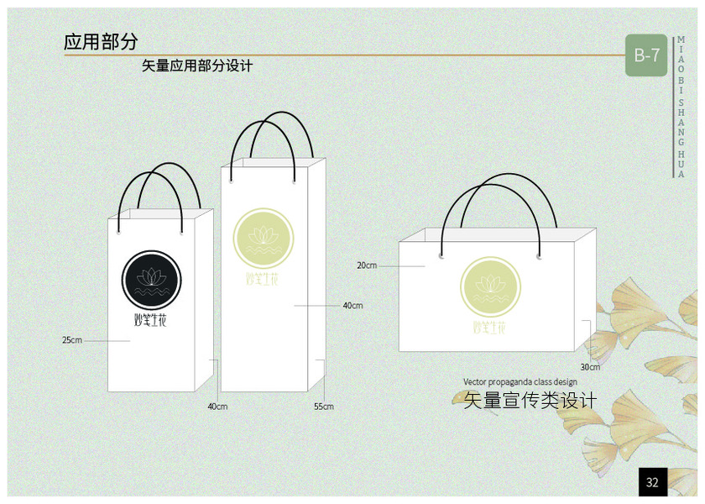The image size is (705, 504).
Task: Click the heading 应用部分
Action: [x=101, y=42]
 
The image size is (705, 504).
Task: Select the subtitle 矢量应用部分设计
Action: [x=197, y=66]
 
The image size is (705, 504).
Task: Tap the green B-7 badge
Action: [x=646, y=56]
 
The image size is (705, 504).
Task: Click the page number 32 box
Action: [x=652, y=482]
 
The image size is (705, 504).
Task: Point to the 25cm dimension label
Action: [x=72, y=340]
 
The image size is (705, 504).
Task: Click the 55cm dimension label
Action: [x=324, y=407]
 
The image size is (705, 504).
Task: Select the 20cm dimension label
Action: [x=367, y=265]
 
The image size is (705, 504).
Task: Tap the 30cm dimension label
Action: [x=590, y=367]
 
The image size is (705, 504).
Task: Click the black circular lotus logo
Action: [x=152, y=279]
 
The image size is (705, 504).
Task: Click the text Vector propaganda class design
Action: [x=520, y=382]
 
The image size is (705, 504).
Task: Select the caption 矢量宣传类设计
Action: [x=530, y=401]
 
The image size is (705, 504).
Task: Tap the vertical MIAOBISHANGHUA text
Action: [x=681, y=107]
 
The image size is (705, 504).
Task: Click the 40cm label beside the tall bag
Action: [x=352, y=305]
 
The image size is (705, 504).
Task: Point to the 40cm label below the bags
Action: [x=217, y=407]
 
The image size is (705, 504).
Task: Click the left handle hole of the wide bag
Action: [x=441, y=254]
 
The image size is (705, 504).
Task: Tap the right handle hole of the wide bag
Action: [x=539, y=254]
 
